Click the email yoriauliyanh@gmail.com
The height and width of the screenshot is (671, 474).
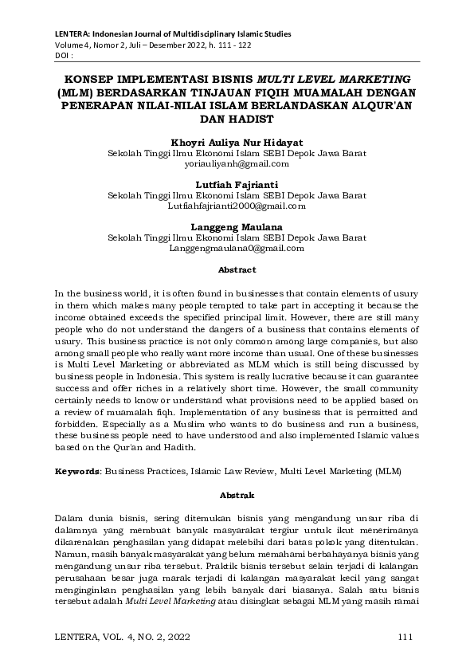[x=237, y=163]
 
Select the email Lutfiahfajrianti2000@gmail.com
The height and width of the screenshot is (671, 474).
[x=237, y=206]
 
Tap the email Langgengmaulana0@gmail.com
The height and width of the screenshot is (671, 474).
[x=237, y=248]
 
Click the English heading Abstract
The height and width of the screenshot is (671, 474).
[x=237, y=270]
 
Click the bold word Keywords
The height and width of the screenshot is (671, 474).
[x=77, y=472]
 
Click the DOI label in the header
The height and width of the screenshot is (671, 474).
[x=64, y=57]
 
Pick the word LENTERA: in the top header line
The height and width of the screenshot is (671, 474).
[x=73, y=35]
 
